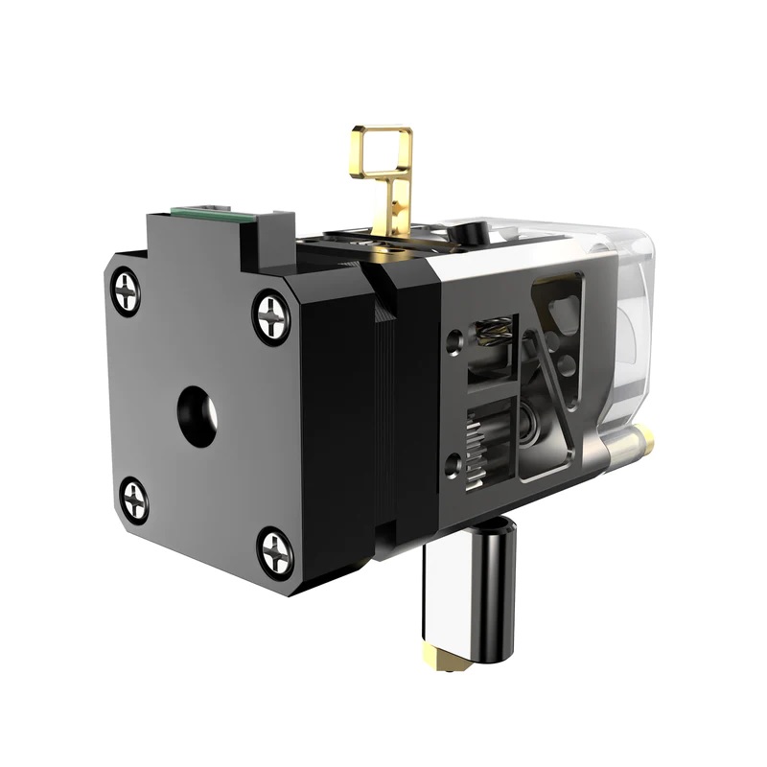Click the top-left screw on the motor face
point(126,291)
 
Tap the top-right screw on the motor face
point(272,316)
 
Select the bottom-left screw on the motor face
point(135,500)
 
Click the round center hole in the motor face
point(198,416)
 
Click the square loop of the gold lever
point(382,151)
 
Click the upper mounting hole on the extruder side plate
point(454,338)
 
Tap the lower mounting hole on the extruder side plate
point(453,469)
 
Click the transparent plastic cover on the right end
point(614,316)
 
